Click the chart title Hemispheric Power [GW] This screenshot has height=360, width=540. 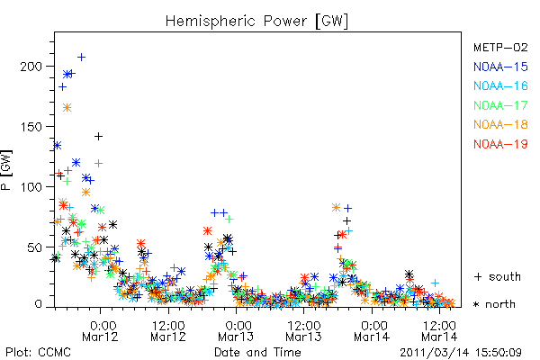pyautogui.click(x=256, y=21)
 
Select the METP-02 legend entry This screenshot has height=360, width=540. pyautogui.click(x=500, y=47)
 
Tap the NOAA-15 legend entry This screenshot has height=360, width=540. pyautogui.click(x=500, y=67)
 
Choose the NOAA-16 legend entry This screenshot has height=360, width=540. pyautogui.click(x=500, y=85)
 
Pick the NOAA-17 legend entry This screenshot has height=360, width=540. pyautogui.click(x=500, y=105)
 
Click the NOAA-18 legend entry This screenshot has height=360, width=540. pyautogui.click(x=500, y=124)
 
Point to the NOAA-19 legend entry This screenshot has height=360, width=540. pyautogui.click(x=500, y=144)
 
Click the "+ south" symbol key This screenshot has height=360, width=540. pyautogui.click(x=498, y=276)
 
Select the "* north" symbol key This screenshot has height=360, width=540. pyautogui.click(x=494, y=304)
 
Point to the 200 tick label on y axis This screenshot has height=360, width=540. pyautogui.click(x=31, y=66)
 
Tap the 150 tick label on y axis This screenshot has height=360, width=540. pyautogui.click(x=31, y=127)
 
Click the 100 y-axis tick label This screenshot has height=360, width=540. pyautogui.click(x=31, y=187)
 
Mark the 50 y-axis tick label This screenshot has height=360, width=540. pyautogui.click(x=34, y=247)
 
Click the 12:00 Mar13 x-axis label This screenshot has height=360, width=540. pyautogui.click(x=303, y=331)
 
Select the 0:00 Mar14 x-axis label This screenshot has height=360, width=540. pyautogui.click(x=372, y=331)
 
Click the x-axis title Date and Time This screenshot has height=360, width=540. pyautogui.click(x=257, y=352)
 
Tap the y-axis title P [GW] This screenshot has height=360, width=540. pyautogui.click(x=6, y=170)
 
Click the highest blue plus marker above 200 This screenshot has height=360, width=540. pyautogui.click(x=81, y=58)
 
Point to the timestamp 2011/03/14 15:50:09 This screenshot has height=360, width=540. pyautogui.click(x=461, y=353)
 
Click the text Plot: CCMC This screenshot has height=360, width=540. pyautogui.click(x=38, y=352)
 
